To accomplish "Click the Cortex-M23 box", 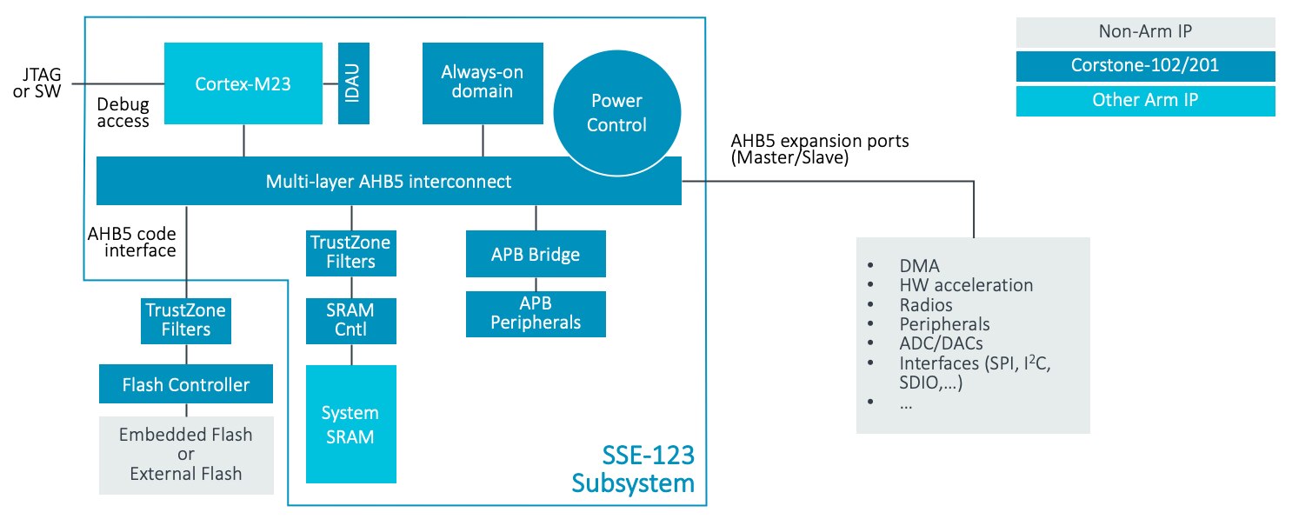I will click(243, 83).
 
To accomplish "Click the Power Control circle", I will click(616, 112).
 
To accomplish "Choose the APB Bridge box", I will click(535, 255).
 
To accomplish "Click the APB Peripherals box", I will click(535, 314).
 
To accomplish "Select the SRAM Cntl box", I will click(351, 321).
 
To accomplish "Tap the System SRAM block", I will click(351, 423).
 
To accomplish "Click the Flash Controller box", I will click(186, 384).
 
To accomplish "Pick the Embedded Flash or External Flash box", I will click(186, 455).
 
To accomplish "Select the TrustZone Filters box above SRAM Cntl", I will click(351, 252).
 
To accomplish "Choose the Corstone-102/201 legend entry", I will click(1145, 67).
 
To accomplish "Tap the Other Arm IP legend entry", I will click(1145, 100).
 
